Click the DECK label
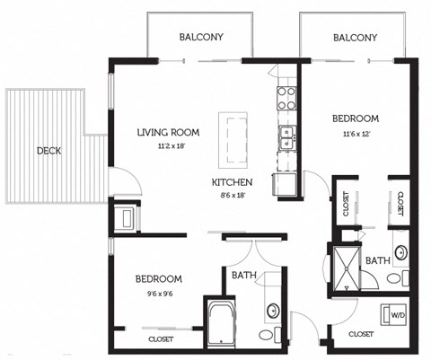click(49, 150)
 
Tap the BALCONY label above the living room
click(201, 37)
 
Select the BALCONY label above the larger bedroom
click(355, 37)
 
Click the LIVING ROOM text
click(168, 133)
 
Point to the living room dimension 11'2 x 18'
click(168, 145)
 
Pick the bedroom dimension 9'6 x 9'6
click(159, 292)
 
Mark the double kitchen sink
click(287, 137)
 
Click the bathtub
click(221, 320)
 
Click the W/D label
click(396, 315)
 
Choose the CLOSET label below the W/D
click(360, 333)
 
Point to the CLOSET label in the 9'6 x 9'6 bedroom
click(163, 340)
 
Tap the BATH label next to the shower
click(378, 260)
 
